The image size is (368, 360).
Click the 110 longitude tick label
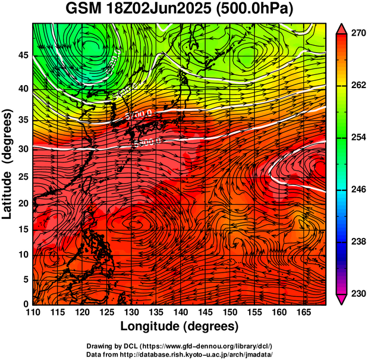(33, 312)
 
